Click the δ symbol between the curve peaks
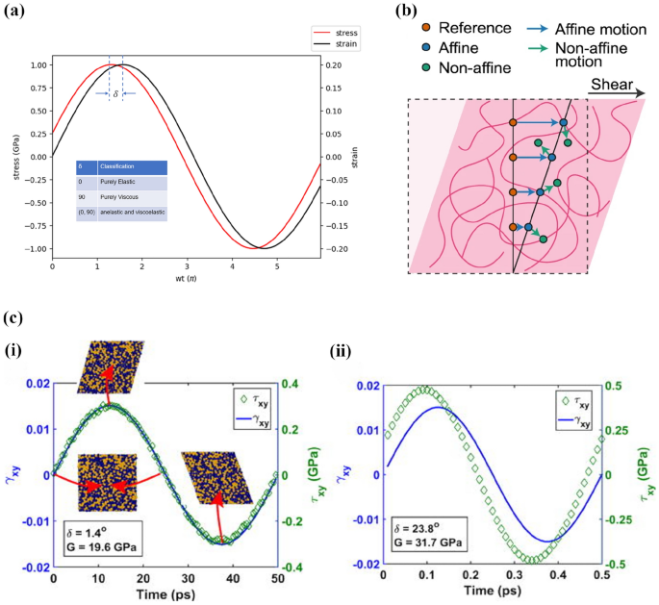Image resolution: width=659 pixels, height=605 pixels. coord(115,93)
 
